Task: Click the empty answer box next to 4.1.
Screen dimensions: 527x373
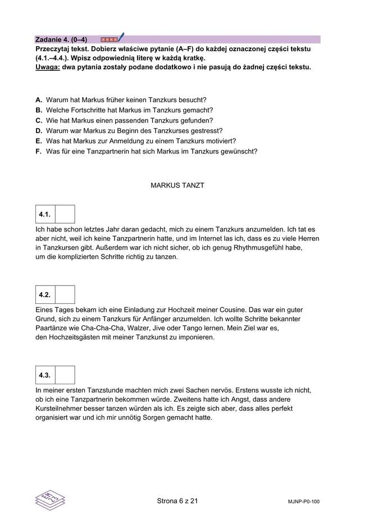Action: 65,215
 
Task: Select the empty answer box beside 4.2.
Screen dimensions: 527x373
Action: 65,295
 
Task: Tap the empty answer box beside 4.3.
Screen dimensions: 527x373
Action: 65,375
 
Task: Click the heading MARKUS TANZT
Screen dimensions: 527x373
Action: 178,184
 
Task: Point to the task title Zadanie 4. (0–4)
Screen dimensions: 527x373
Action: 61,40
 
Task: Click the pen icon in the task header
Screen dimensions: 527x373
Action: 121,38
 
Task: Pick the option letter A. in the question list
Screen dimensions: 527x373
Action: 39,100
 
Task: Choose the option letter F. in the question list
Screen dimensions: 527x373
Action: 39,151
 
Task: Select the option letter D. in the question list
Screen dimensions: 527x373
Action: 39,131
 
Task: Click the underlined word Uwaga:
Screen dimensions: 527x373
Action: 47,67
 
